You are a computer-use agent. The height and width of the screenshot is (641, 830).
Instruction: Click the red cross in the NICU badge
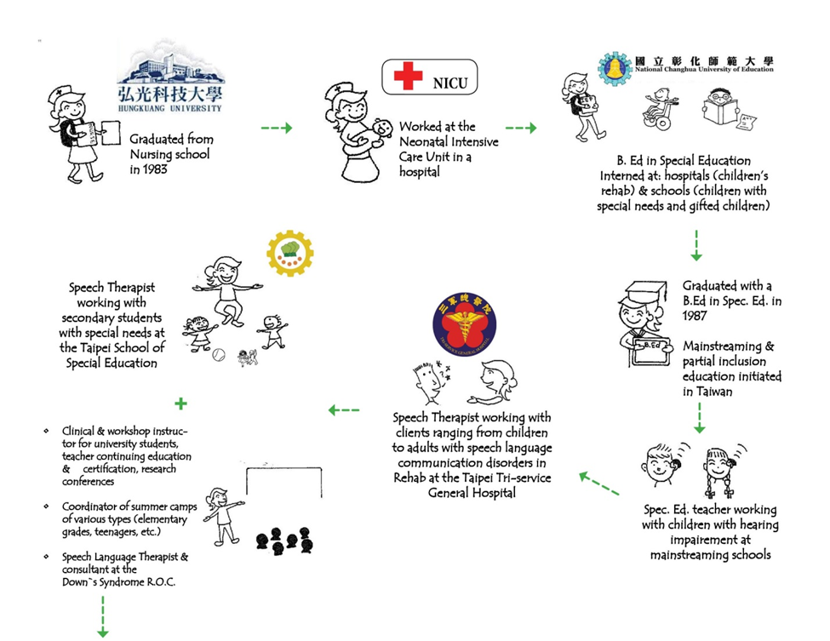tap(408, 77)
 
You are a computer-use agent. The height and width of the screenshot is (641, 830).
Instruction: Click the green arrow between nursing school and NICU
tap(276, 128)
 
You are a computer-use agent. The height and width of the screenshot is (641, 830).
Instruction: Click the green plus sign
tap(180, 403)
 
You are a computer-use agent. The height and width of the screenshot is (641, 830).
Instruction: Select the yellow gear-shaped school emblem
tap(291, 253)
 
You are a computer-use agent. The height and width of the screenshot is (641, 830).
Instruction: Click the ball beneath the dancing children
tap(218, 352)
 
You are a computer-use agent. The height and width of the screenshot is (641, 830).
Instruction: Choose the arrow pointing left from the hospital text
tap(344, 410)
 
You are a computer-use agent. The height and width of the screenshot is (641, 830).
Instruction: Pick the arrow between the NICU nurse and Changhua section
tap(520, 128)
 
